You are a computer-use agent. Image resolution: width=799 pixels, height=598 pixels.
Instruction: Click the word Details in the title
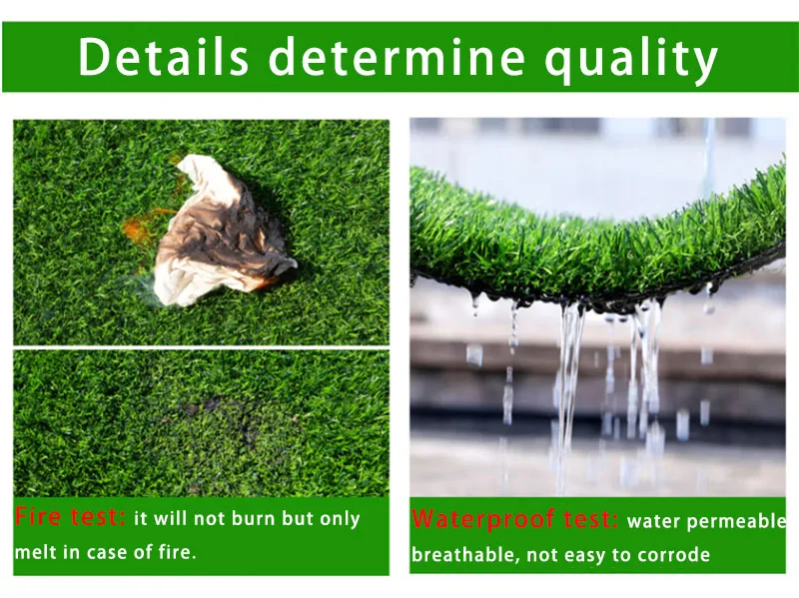163,57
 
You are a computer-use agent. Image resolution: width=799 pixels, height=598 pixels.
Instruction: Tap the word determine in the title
397,57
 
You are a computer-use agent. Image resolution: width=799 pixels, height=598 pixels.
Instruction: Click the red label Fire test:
70,518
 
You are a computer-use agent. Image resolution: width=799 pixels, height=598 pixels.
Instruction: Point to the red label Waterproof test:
515,519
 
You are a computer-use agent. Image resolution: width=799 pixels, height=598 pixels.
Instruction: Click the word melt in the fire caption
34,552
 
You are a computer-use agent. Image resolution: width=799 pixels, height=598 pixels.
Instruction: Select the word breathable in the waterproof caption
464,555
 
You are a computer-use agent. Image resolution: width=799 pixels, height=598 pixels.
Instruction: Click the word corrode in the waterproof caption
677,555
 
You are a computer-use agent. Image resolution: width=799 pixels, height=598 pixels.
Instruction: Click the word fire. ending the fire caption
176,552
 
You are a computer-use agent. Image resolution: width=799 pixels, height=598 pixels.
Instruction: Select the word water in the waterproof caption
653,520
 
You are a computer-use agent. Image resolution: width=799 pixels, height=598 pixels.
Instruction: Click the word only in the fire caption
340,519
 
